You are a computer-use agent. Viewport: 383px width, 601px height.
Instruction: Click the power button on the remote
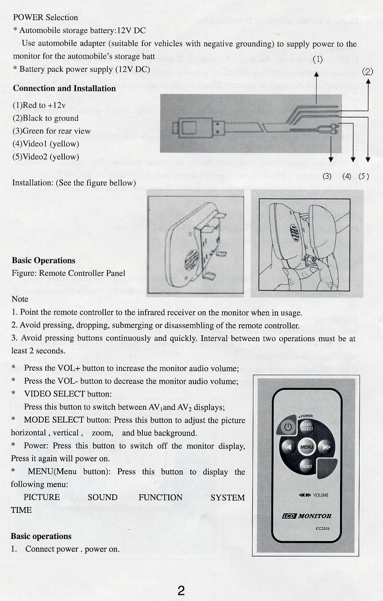[288, 427]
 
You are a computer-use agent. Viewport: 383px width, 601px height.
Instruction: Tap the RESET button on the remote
[307, 466]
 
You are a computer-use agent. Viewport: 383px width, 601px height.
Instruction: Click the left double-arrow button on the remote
[287, 447]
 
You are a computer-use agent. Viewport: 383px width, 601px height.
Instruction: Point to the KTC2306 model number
[322, 528]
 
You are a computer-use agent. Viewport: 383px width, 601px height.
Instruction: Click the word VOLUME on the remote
[321, 495]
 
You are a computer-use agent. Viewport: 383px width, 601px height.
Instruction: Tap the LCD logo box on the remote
[289, 516]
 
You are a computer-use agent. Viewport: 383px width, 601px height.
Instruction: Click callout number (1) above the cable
[317, 59]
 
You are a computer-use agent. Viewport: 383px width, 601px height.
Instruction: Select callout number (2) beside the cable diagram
[367, 72]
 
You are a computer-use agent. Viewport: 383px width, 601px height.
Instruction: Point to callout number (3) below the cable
[327, 176]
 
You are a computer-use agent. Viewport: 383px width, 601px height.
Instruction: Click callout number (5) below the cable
[364, 176]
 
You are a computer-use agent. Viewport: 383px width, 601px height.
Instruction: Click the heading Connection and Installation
[64, 88]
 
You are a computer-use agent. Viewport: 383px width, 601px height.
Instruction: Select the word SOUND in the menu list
[102, 497]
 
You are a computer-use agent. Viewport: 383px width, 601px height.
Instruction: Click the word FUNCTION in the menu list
[160, 497]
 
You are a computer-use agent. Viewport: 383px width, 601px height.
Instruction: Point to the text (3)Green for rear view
[52, 131]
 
